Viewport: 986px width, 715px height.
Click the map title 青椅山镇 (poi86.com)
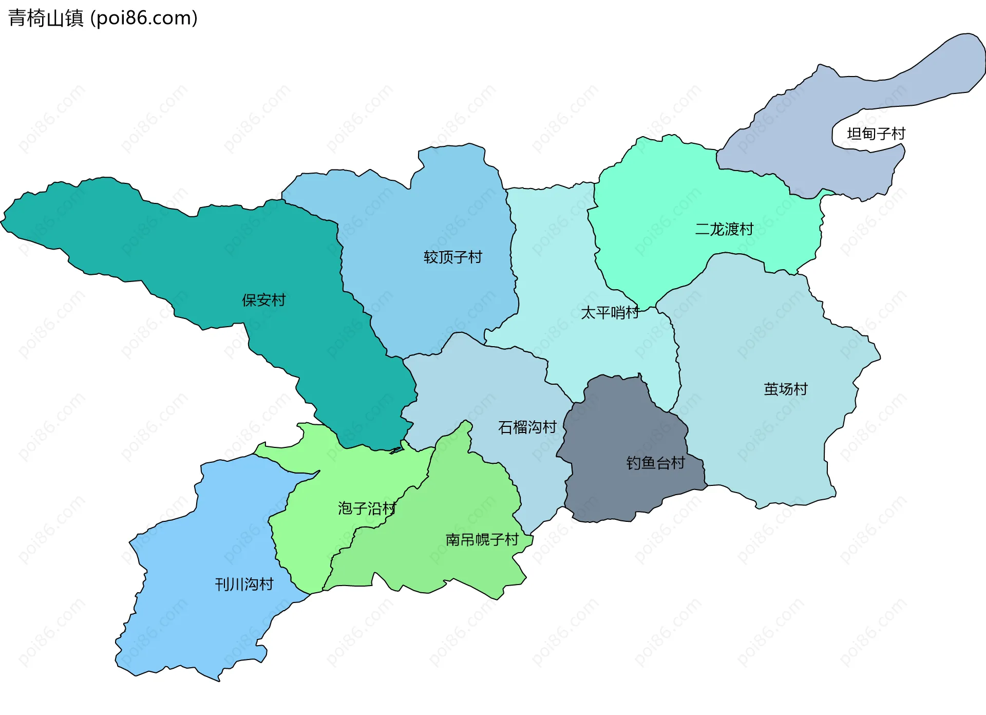click(x=103, y=18)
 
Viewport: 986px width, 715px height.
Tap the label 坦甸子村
click(x=876, y=134)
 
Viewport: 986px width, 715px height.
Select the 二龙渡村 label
click(x=724, y=229)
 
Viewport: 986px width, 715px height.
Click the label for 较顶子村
click(x=453, y=257)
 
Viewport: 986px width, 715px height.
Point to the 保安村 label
click(x=264, y=300)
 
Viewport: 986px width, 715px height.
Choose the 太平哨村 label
click(x=610, y=312)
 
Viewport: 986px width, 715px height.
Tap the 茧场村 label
click(x=786, y=389)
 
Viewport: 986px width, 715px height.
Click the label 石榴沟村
click(x=527, y=427)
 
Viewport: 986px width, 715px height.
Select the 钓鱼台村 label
click(x=655, y=463)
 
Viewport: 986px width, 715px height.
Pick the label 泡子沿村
click(x=367, y=509)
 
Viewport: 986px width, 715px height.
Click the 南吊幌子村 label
click(x=482, y=539)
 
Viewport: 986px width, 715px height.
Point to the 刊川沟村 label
click(x=244, y=584)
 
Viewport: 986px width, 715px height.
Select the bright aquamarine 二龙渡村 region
click(x=668, y=195)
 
